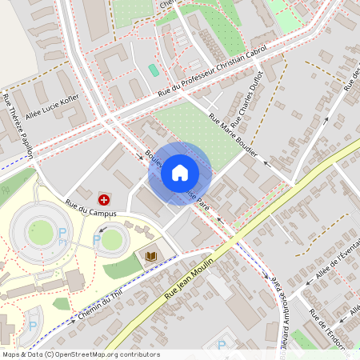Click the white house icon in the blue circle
click(180, 173)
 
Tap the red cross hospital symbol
click(104, 198)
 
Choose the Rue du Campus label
click(90, 214)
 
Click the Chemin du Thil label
click(104, 306)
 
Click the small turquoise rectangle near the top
click(154, 70)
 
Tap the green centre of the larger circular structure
click(40, 233)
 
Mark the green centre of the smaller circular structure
click(112, 239)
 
